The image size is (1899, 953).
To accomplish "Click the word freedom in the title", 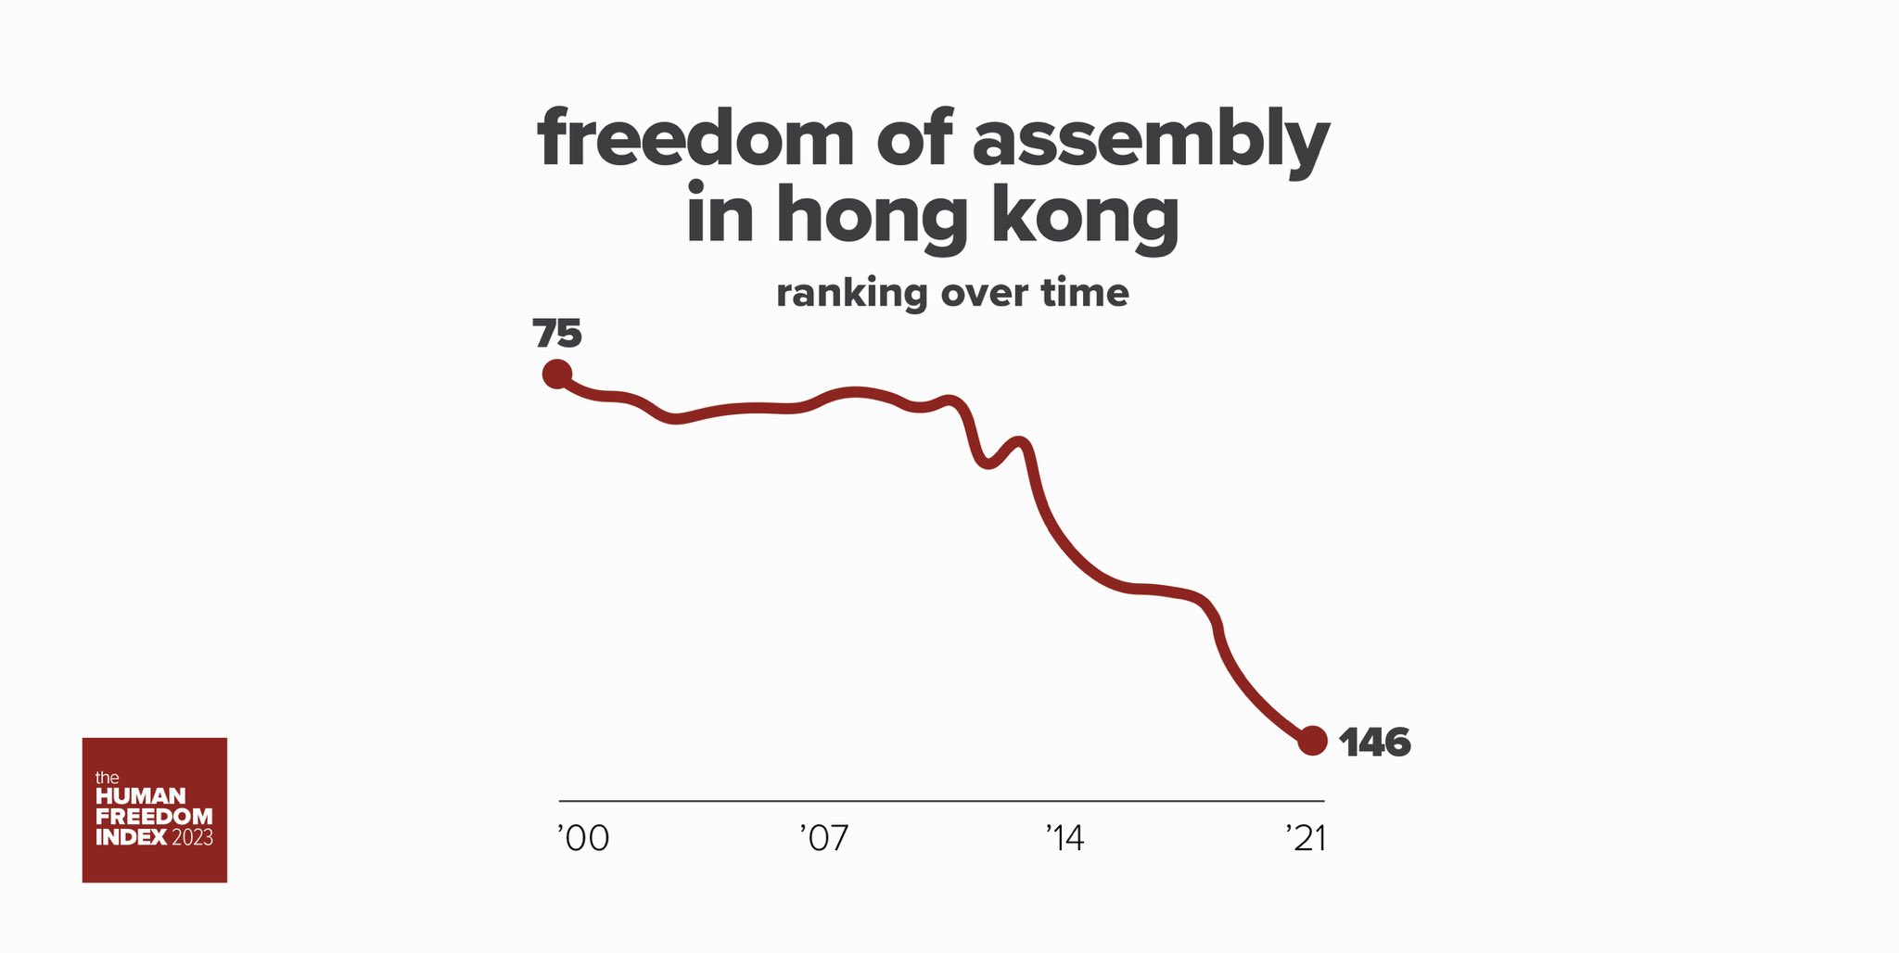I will [x=695, y=139].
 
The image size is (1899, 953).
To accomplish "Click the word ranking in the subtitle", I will [x=851, y=294].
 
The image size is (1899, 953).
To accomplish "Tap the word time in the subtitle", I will [x=1085, y=293].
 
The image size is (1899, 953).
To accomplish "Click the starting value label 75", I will [x=557, y=334].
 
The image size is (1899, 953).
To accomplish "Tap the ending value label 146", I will [x=1375, y=743].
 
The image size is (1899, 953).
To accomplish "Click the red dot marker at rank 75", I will [x=556, y=374].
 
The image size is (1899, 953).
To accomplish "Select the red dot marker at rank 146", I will [x=1312, y=741].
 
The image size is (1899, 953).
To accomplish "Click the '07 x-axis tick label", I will [x=823, y=839].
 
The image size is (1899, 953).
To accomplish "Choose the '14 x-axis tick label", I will [x=1064, y=839].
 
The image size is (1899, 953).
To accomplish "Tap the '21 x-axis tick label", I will [x=1306, y=839].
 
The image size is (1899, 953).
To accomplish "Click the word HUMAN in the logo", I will [x=141, y=796].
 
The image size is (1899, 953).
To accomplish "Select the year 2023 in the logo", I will [x=192, y=837].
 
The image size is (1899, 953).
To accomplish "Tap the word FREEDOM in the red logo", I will [x=154, y=817].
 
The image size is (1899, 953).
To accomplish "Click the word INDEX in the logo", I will [x=131, y=837].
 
